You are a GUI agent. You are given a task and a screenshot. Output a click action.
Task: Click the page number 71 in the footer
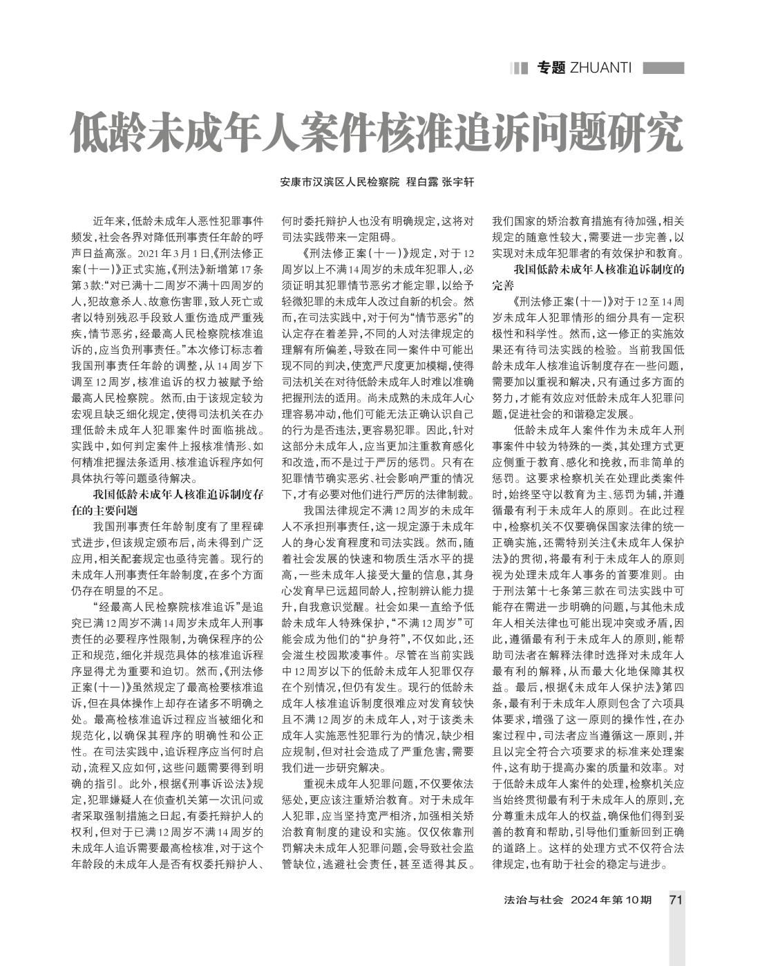pos(676,900)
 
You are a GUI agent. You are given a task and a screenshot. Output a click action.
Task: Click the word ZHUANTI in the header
pos(600,68)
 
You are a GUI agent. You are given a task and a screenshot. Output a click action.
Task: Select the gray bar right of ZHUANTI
pos(663,68)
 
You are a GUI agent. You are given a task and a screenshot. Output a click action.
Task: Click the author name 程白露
pos(421,182)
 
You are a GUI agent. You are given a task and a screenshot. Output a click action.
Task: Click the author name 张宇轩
pos(459,182)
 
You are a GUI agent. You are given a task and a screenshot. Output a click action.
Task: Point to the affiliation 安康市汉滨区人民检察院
pos(340,182)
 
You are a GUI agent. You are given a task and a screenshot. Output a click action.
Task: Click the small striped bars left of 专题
pos(519,68)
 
